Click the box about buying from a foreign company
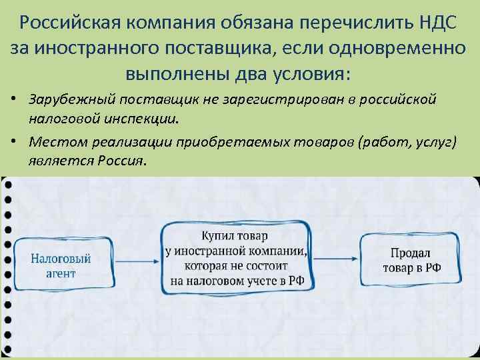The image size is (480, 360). (x=236, y=257)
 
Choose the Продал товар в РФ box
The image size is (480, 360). (x=411, y=260)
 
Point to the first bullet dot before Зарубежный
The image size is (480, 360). (x=13, y=100)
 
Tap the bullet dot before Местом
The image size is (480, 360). (x=13, y=142)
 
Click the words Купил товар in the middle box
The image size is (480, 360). (x=236, y=236)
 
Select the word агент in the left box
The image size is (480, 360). (x=61, y=273)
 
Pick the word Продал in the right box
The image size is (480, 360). (x=411, y=252)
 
